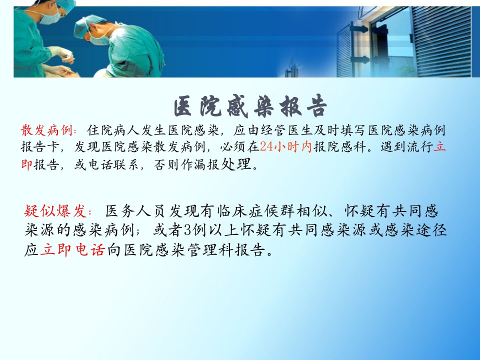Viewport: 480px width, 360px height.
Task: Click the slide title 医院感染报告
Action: pos(250,106)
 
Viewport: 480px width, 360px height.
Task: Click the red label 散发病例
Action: pos(47,130)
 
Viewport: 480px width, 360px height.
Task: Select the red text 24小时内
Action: pos(285,146)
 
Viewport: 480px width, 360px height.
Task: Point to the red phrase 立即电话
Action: pos(72,250)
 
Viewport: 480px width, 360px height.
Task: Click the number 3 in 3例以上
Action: pos(187,230)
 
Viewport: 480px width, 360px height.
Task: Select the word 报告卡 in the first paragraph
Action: pos(40,146)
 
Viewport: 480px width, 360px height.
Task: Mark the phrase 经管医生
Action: pos(287,130)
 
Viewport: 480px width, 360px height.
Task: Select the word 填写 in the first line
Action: pos(353,130)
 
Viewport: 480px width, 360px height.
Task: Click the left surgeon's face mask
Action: pos(49,17)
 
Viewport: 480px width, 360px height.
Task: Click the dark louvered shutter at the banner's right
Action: pos(441,41)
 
